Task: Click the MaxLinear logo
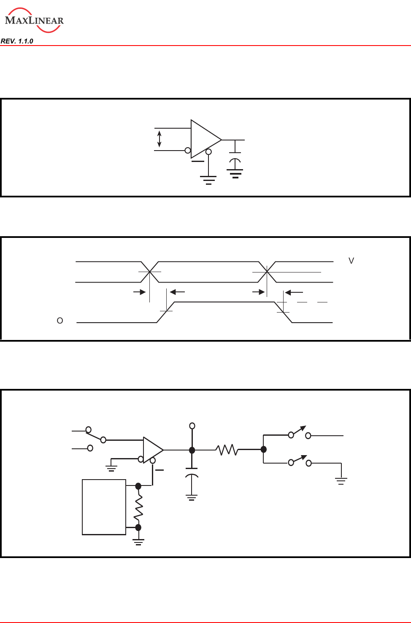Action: tap(34, 20)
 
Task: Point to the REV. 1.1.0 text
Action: tap(17, 41)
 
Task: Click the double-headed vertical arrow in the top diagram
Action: tap(159, 139)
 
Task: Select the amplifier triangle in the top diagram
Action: tap(205, 139)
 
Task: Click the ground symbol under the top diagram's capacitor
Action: tap(235, 173)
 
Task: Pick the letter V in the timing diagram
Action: tap(351, 261)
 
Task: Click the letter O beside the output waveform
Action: tap(60, 321)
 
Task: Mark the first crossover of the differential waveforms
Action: tap(150, 272)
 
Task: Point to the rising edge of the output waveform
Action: tap(166, 312)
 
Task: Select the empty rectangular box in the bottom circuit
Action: tap(104, 507)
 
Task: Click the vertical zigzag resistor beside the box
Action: tap(138, 507)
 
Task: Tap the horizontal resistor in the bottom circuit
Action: tap(227, 450)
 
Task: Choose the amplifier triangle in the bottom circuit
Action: tap(152, 450)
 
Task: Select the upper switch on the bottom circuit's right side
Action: tap(300, 433)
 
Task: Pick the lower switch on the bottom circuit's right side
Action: tap(300, 461)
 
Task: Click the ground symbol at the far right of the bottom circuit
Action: tap(341, 480)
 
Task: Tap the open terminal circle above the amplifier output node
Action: tap(192, 426)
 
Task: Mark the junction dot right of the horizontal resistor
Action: tap(264, 450)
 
